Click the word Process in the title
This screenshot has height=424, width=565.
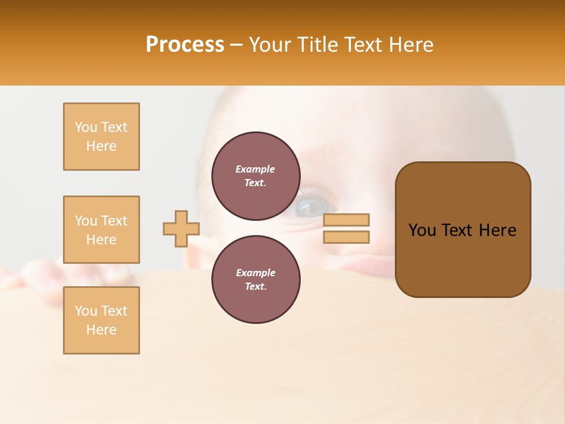185,45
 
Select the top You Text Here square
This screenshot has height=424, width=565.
101,137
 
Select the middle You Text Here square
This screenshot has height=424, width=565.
101,230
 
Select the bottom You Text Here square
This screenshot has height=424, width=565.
101,320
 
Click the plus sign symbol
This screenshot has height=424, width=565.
181,228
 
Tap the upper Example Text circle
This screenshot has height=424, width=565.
256,176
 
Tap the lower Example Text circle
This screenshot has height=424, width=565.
256,280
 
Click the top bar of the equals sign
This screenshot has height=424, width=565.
347,220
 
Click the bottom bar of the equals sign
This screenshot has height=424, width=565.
347,237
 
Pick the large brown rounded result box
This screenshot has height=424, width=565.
463,230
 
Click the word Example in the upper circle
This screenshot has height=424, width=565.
255,170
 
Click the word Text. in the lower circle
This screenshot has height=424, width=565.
255,287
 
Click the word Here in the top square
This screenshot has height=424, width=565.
101,146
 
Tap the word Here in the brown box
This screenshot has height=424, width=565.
498,230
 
